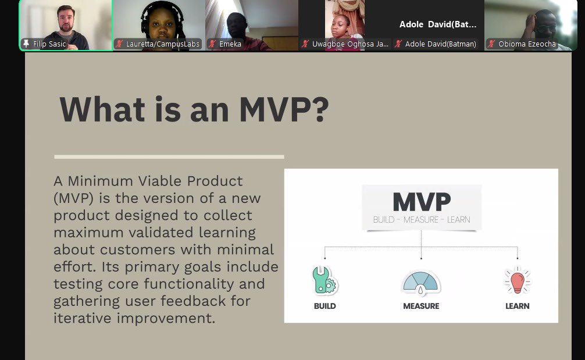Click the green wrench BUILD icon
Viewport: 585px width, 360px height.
pos(324,280)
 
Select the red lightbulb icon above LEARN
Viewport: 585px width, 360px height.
pos(517,280)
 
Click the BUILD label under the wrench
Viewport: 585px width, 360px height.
pos(324,306)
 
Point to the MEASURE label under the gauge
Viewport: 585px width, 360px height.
pos(421,306)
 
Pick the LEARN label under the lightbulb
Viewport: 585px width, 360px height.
pos(517,306)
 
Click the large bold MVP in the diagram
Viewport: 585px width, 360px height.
pos(422,202)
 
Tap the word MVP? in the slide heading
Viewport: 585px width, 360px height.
pos(284,109)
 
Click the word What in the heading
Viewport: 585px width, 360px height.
pos(102,109)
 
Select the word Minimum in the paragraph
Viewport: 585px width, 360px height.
pos(101,181)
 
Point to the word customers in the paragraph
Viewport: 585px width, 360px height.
pos(137,249)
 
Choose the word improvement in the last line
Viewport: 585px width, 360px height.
pos(166,318)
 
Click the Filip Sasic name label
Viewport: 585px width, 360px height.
pos(49,44)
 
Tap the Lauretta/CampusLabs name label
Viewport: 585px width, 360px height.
pos(163,44)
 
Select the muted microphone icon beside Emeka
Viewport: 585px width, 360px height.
pos(213,44)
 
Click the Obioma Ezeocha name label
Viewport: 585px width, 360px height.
pos(527,44)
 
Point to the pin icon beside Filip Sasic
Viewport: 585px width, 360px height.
pos(26,44)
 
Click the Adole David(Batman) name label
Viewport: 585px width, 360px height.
pos(441,44)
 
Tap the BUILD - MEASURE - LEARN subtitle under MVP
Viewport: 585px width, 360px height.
pos(422,220)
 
